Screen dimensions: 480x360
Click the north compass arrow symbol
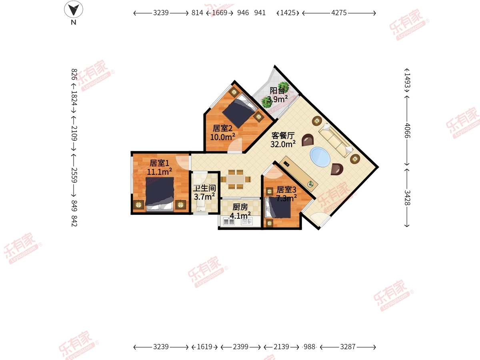coord(74,9)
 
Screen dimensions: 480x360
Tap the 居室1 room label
coord(159,163)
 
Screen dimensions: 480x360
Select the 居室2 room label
coord(222,128)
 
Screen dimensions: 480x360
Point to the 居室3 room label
coord(286,190)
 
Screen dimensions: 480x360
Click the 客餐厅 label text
coord(283,136)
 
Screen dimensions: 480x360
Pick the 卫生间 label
coord(204,188)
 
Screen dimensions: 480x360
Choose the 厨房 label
coord(240,207)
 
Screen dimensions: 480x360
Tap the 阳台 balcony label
coord(277,90)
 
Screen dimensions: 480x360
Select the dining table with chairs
coord(236,179)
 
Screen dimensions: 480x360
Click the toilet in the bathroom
coord(200,206)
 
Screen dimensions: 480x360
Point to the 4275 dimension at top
coord(339,13)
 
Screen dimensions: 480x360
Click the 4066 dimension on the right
coord(407,130)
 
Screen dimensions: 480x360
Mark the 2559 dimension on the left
coord(74,175)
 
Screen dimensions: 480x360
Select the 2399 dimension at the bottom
coord(240,347)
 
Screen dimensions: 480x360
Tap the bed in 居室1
coord(160,194)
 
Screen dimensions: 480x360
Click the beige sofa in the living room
coord(336,140)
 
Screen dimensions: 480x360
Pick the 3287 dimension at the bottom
coord(348,347)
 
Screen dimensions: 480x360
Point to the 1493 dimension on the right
coord(407,80)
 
